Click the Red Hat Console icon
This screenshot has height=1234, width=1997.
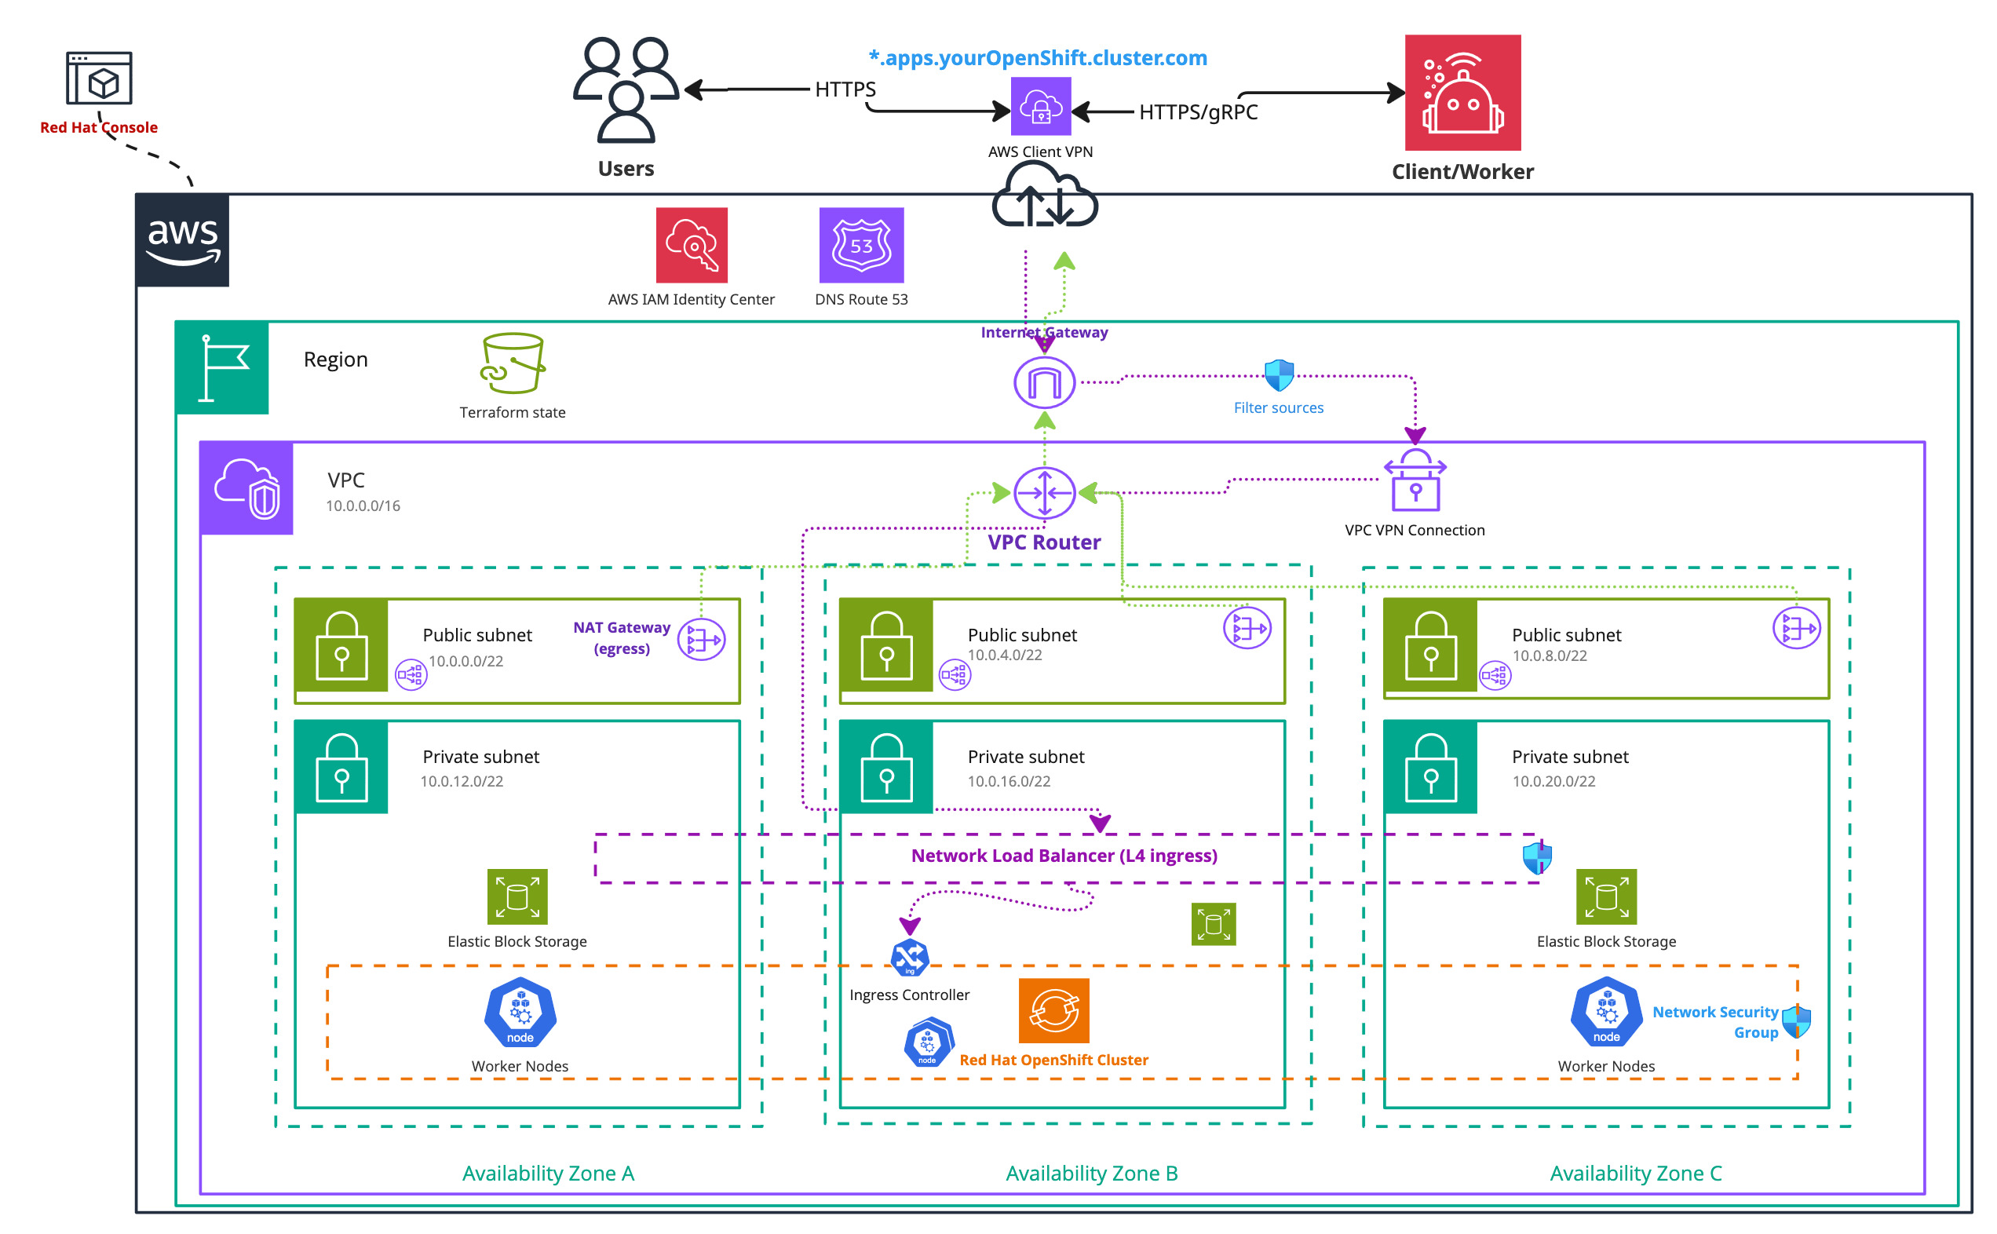coord(99,78)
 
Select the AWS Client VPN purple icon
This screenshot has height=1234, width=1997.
coord(1041,107)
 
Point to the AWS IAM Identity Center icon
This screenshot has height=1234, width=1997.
coord(692,246)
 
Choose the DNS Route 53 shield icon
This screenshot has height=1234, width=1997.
coord(861,246)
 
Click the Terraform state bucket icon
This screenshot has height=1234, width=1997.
coord(513,363)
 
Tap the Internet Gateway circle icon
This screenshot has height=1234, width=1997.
coord(1044,383)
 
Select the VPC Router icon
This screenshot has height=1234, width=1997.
coord(1044,493)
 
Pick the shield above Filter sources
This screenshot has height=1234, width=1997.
coord(1279,375)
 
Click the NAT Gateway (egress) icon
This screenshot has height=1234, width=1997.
coord(701,640)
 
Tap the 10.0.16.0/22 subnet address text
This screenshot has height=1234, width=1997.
coord(1009,781)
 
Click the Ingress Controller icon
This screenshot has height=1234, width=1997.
coord(909,958)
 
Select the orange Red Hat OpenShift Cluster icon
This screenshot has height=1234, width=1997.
coord(1053,1010)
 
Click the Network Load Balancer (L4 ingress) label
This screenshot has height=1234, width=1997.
coord(1064,856)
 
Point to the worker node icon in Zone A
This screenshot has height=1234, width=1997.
coord(520,1013)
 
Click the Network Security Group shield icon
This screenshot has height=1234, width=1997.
coord(1796,1021)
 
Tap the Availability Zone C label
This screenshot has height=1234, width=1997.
coord(1635,1173)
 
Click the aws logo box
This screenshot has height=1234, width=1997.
coord(183,241)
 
